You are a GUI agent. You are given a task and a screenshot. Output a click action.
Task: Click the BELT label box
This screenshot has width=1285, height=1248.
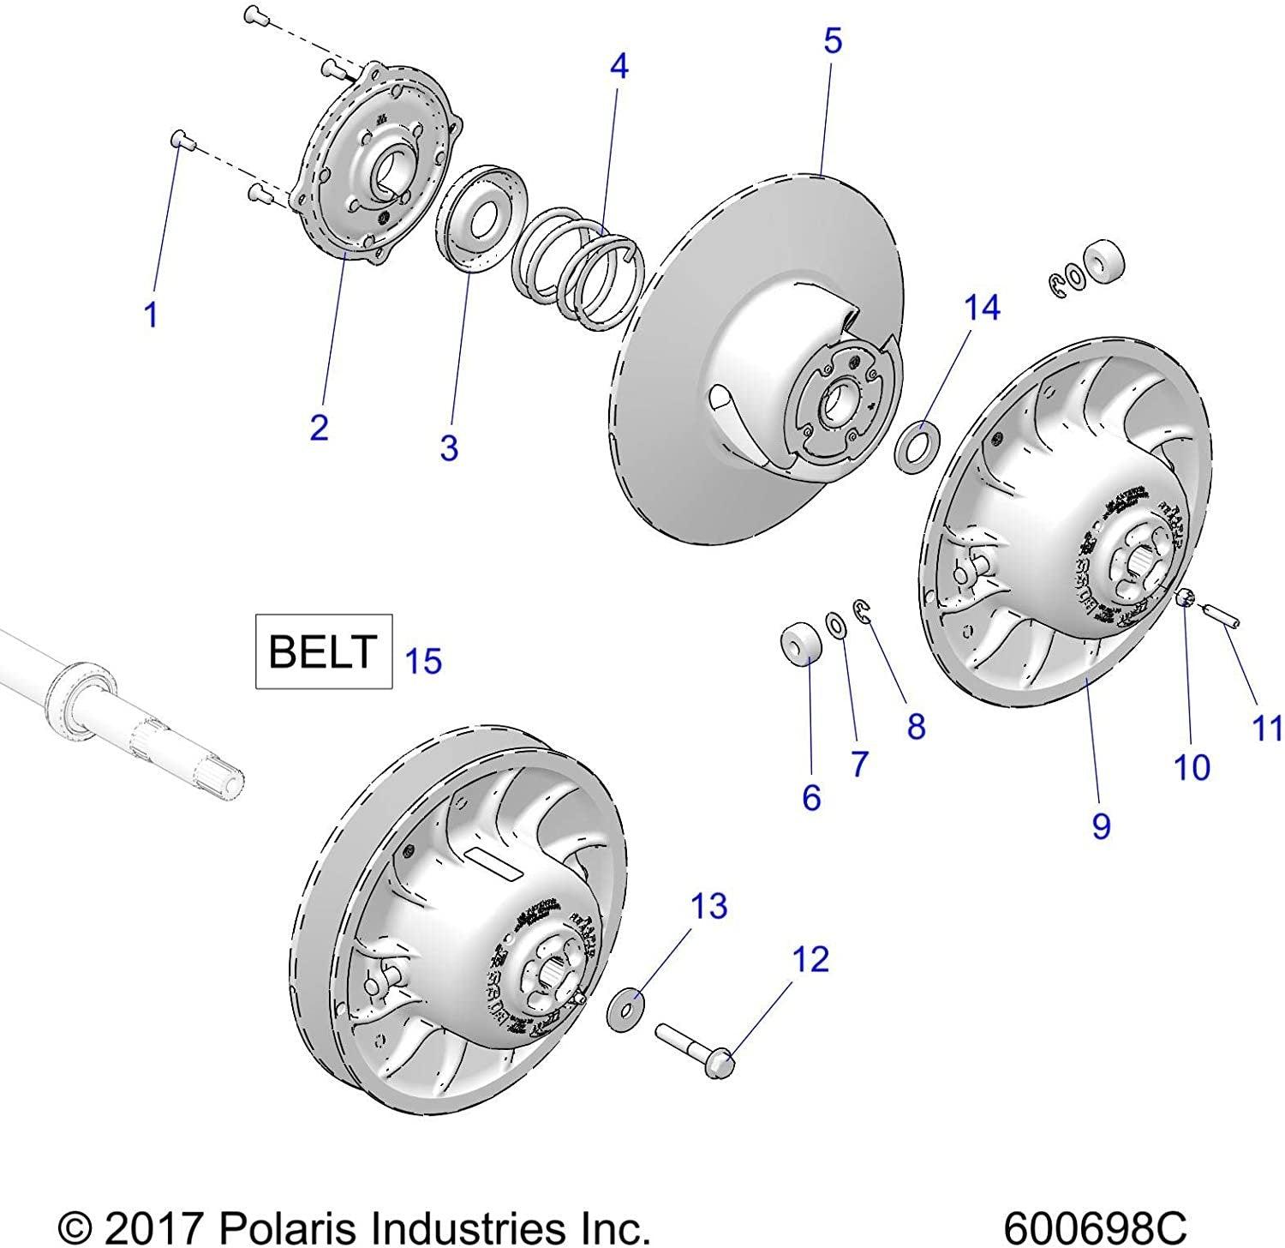324,651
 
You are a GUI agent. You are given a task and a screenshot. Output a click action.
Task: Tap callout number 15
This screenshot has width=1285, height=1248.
423,662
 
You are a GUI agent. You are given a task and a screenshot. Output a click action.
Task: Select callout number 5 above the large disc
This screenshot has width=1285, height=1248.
833,41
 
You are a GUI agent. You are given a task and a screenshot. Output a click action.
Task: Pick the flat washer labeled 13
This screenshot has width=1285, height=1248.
626,1011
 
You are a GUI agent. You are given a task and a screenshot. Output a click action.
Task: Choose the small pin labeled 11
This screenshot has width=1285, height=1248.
1218,615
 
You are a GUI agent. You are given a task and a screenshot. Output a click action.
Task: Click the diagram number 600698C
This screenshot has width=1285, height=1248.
1094,1225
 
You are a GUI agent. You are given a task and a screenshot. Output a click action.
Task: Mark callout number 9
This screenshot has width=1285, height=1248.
1101,825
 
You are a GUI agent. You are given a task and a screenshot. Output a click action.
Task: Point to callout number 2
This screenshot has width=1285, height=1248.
319,426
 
